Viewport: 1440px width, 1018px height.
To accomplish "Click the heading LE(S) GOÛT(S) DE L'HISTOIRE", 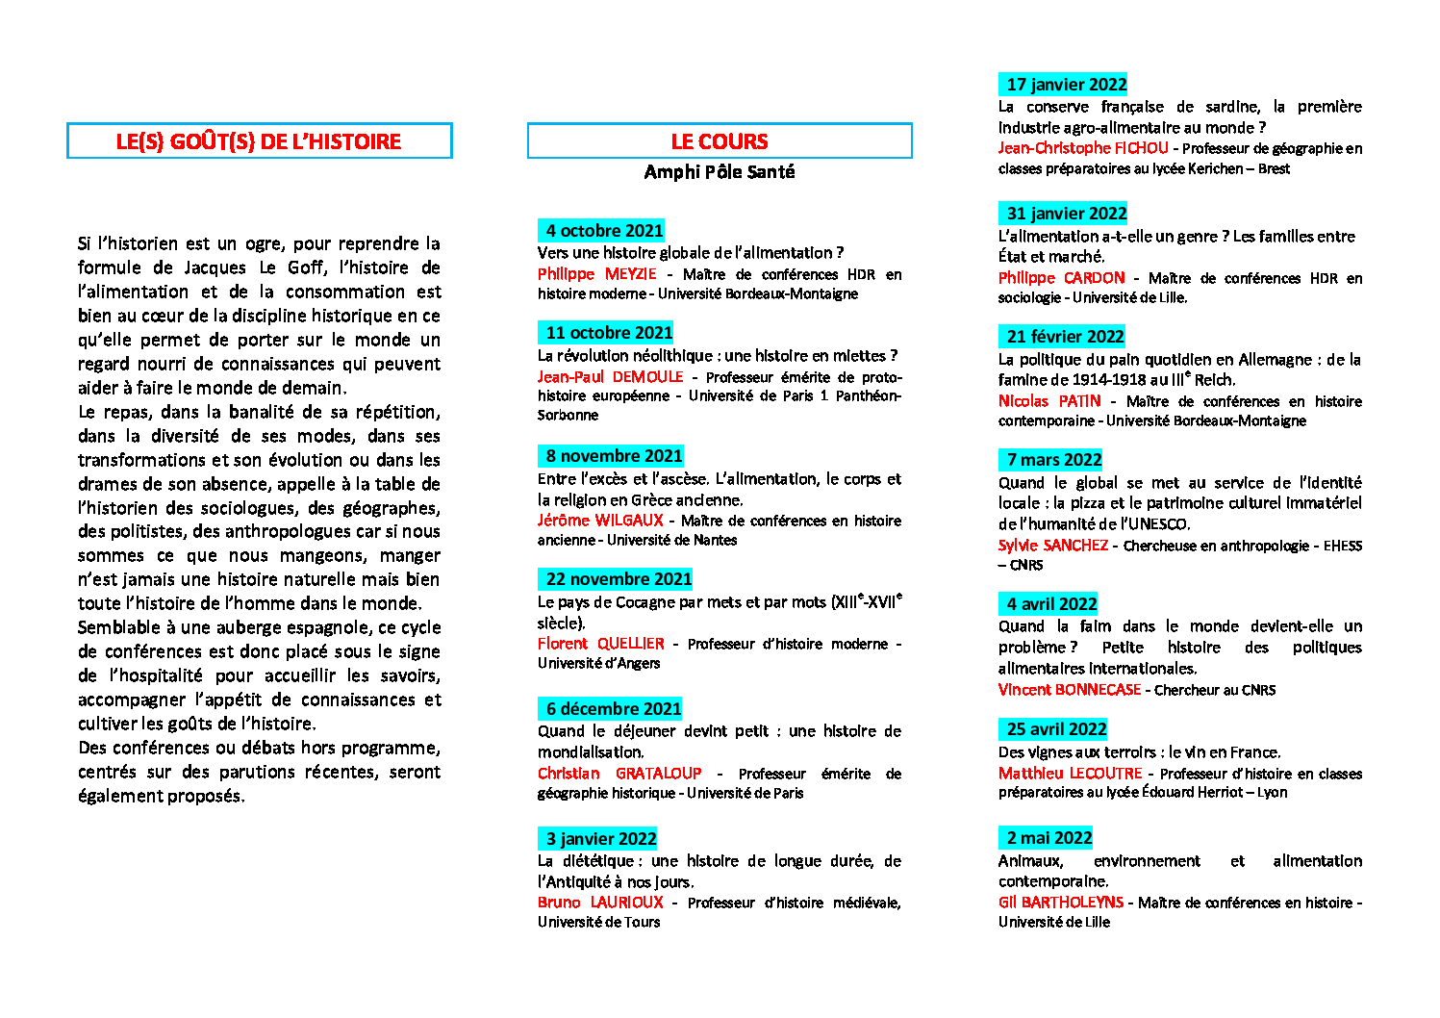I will click(x=259, y=141).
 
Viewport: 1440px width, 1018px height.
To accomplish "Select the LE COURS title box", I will click(x=720, y=141).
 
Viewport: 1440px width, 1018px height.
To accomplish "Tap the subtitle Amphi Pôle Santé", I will click(x=720, y=172).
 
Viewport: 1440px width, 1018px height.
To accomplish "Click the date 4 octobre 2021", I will click(x=604, y=231).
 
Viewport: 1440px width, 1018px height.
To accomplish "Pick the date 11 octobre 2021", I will click(x=609, y=333).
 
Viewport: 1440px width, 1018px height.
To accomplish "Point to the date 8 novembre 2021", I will click(x=614, y=456).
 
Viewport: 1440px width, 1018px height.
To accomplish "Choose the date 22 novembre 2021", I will click(x=619, y=579).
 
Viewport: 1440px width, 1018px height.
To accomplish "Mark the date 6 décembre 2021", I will click(x=614, y=709).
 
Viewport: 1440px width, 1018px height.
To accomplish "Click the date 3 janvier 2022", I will click(x=600, y=839).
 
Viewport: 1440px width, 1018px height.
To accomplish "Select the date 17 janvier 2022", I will click(x=1066, y=85).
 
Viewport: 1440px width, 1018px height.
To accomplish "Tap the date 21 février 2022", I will click(x=1065, y=337).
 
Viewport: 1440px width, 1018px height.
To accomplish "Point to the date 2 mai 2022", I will click(x=1049, y=838).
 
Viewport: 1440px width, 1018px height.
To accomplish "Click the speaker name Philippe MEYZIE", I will click(x=596, y=274).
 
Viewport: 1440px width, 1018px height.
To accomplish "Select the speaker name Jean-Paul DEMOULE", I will click(x=610, y=377).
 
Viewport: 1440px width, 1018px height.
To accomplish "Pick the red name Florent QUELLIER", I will click(x=600, y=644).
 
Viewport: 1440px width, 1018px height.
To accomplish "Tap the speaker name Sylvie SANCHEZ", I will click(x=1053, y=546).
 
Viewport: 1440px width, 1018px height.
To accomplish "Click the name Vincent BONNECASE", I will click(x=1070, y=690).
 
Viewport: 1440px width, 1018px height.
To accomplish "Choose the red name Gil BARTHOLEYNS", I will click(x=1061, y=903).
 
